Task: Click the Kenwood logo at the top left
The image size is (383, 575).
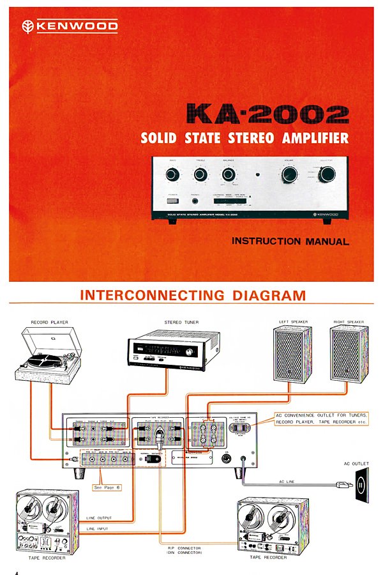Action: coord(70,26)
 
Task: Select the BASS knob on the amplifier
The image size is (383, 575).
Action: coord(172,174)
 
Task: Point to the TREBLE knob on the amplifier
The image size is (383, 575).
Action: coord(200,174)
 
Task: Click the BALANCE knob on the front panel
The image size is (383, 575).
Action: coord(229,174)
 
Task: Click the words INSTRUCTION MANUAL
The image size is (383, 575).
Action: coord(290,241)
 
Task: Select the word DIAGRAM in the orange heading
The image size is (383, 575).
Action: coord(267,296)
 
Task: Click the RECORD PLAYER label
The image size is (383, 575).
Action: coord(49,322)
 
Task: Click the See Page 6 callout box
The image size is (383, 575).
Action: coord(107,487)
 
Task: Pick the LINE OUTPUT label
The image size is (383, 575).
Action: coord(100,518)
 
